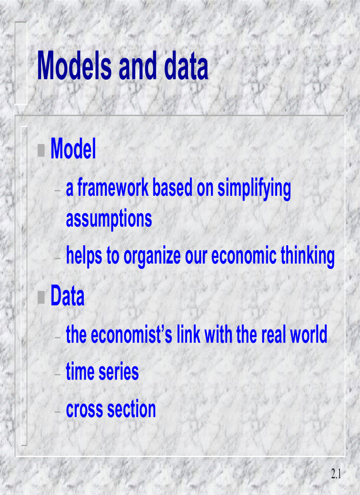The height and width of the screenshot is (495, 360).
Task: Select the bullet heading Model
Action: [73, 150]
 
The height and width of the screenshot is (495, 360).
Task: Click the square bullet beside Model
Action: [42, 151]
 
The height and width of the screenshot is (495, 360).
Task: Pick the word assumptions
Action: [109, 219]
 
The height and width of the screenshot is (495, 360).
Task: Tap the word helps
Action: [84, 256]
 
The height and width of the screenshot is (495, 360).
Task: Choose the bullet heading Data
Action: [67, 297]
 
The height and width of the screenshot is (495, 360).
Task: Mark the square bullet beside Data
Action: [42, 298]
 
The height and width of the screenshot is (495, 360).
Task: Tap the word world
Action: [308, 335]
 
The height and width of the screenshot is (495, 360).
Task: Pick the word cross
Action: [85, 409]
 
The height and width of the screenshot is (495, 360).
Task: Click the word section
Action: [132, 409]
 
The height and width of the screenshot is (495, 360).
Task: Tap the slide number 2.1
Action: [337, 474]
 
